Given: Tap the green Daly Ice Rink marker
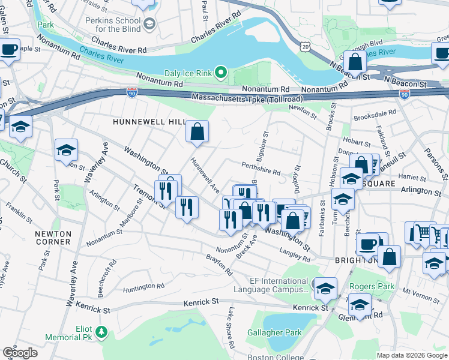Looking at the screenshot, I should tap(221, 74).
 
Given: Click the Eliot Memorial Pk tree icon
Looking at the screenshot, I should tap(101, 331).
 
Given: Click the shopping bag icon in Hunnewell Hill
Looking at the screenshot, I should tap(197, 131).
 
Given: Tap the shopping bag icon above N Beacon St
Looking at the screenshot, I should tap(355, 62).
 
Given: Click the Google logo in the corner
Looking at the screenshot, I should tap(20, 353).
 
